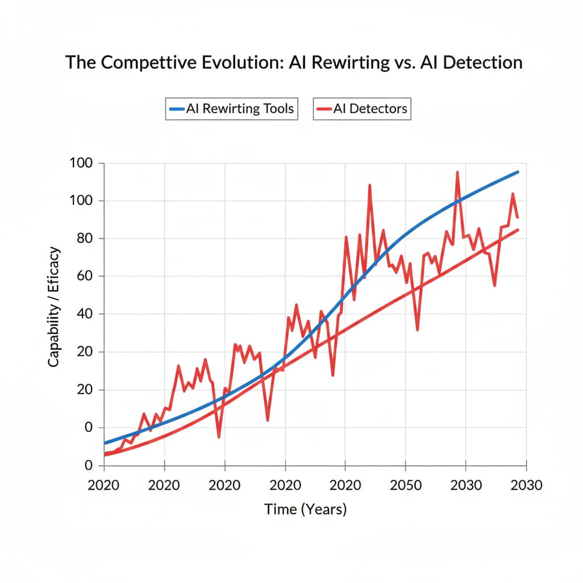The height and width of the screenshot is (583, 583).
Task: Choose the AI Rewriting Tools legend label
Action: [x=240, y=108]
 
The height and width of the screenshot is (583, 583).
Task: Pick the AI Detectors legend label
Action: [x=371, y=108]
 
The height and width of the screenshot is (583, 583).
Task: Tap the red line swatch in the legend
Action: [x=324, y=108]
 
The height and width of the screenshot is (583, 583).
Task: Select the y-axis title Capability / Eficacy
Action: [x=54, y=306]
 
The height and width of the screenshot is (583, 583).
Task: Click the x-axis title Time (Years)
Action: [x=305, y=508]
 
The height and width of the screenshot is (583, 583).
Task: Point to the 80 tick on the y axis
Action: [x=83, y=239]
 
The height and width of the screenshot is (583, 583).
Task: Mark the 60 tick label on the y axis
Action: [x=83, y=277]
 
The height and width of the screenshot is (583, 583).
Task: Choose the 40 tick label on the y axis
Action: [x=83, y=314]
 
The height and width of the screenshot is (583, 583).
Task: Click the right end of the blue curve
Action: [x=518, y=171]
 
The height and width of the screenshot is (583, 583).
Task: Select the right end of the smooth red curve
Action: [x=518, y=229]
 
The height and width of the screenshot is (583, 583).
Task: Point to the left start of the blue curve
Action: [x=105, y=443]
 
